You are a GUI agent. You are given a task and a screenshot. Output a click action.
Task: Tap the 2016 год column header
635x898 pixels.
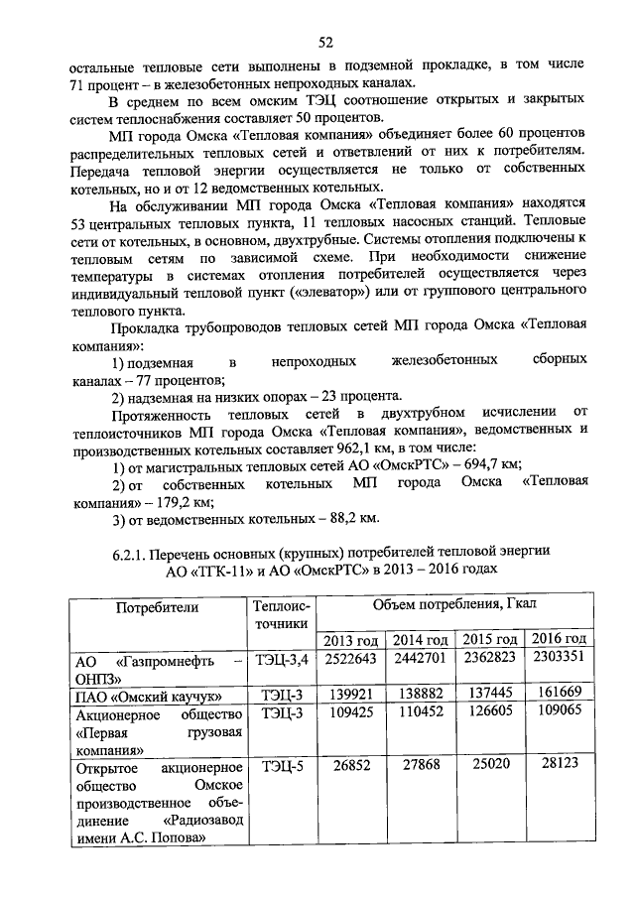tap(560, 638)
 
